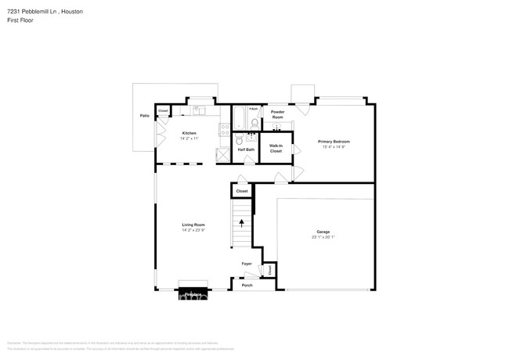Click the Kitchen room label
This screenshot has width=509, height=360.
tap(190, 133)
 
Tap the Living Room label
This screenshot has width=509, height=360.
tap(193, 225)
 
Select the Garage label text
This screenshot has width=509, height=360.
tap(323, 232)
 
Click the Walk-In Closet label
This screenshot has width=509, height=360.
tap(276, 148)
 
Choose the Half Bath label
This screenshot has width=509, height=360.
tap(246, 149)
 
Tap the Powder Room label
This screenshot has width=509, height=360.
tap(277, 114)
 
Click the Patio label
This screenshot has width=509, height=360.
tap(144, 116)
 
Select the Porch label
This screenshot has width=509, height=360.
tap(247, 285)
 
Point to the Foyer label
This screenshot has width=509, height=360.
tap(246, 264)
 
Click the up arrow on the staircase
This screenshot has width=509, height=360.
tap(241, 223)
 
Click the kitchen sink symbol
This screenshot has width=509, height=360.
tap(199, 110)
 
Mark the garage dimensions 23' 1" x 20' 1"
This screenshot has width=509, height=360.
tap(323, 236)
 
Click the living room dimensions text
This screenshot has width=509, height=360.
tap(193, 230)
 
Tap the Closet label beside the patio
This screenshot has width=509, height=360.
tap(163, 111)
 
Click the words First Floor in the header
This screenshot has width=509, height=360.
tap(20, 20)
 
